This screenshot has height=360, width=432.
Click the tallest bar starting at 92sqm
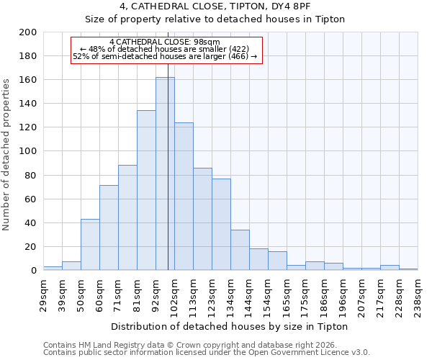(x=165, y=174)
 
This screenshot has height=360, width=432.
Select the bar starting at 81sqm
(x=146, y=190)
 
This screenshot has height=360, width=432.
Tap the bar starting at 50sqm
(x=90, y=245)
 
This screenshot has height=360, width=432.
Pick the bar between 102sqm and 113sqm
(x=184, y=197)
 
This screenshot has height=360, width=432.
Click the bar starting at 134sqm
(x=240, y=250)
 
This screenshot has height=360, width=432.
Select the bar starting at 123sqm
(x=221, y=225)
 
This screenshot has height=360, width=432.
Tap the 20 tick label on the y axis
(x=32, y=247)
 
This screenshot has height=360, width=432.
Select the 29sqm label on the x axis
(x=43, y=291)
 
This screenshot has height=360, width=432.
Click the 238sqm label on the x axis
(x=418, y=292)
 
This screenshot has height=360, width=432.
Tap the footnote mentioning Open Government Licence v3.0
(x=207, y=353)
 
